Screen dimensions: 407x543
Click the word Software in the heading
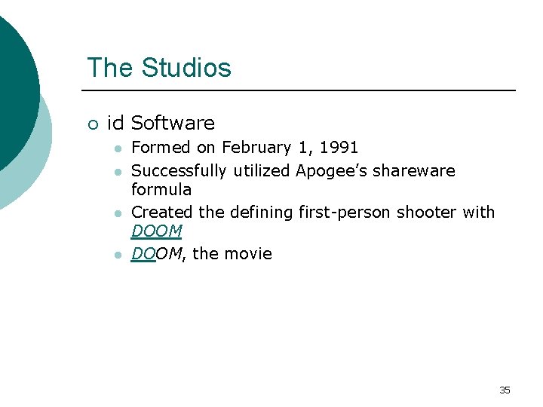click(x=173, y=123)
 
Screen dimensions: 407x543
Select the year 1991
click(x=338, y=148)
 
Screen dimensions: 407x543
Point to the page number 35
click(x=505, y=390)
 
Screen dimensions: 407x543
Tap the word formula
click(x=161, y=189)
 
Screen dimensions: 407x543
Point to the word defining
click(x=259, y=213)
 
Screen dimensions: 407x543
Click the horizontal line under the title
click(x=302, y=90)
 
